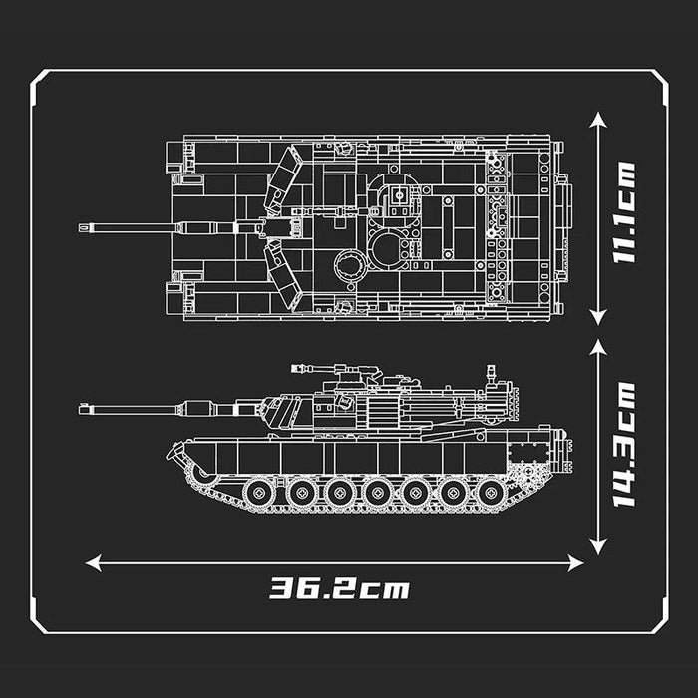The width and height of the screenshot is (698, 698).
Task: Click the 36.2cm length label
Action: (x=340, y=588)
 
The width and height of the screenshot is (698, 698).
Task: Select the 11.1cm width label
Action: (x=625, y=211)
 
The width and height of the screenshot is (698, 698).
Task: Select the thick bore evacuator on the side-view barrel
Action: (x=197, y=407)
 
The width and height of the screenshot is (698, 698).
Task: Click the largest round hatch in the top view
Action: (x=386, y=249)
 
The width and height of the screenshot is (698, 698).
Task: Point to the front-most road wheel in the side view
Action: (x=260, y=492)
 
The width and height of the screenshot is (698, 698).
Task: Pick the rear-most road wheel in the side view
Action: (x=492, y=492)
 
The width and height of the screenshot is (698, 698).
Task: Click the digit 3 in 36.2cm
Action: (x=282, y=588)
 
